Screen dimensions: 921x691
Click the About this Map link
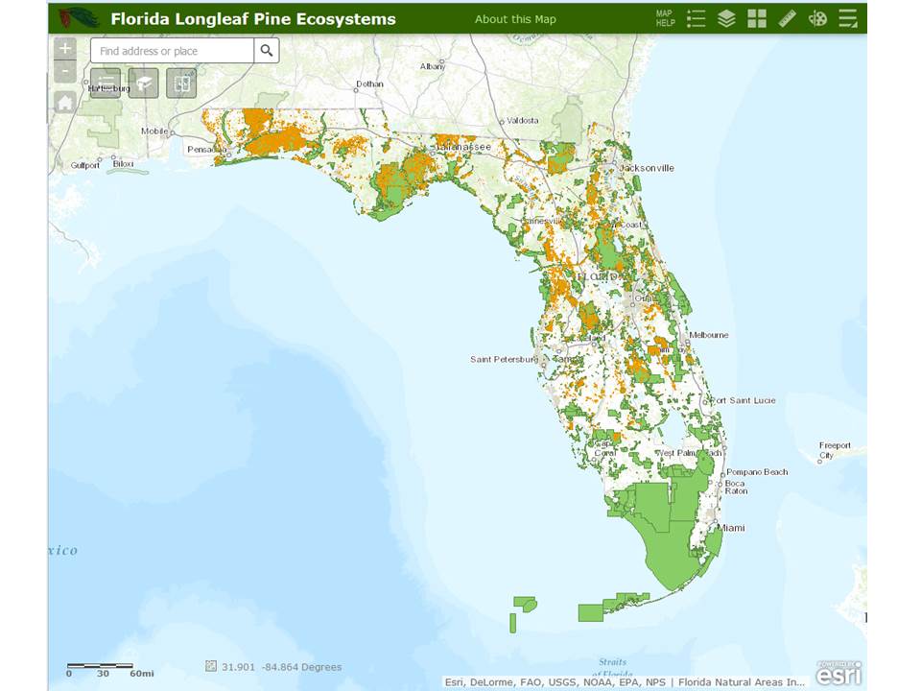(515, 19)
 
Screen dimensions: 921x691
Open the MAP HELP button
(666, 18)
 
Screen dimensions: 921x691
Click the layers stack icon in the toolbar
(726, 18)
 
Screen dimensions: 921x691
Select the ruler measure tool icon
(788, 18)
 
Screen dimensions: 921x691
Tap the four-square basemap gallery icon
(757, 18)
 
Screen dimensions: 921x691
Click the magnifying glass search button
(267, 51)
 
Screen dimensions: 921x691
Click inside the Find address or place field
(173, 51)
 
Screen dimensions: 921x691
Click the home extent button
(65, 103)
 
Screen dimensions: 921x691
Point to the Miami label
(733, 528)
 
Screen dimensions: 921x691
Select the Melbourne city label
(708, 335)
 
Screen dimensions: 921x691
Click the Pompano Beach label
(757, 472)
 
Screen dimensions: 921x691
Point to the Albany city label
(433, 66)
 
